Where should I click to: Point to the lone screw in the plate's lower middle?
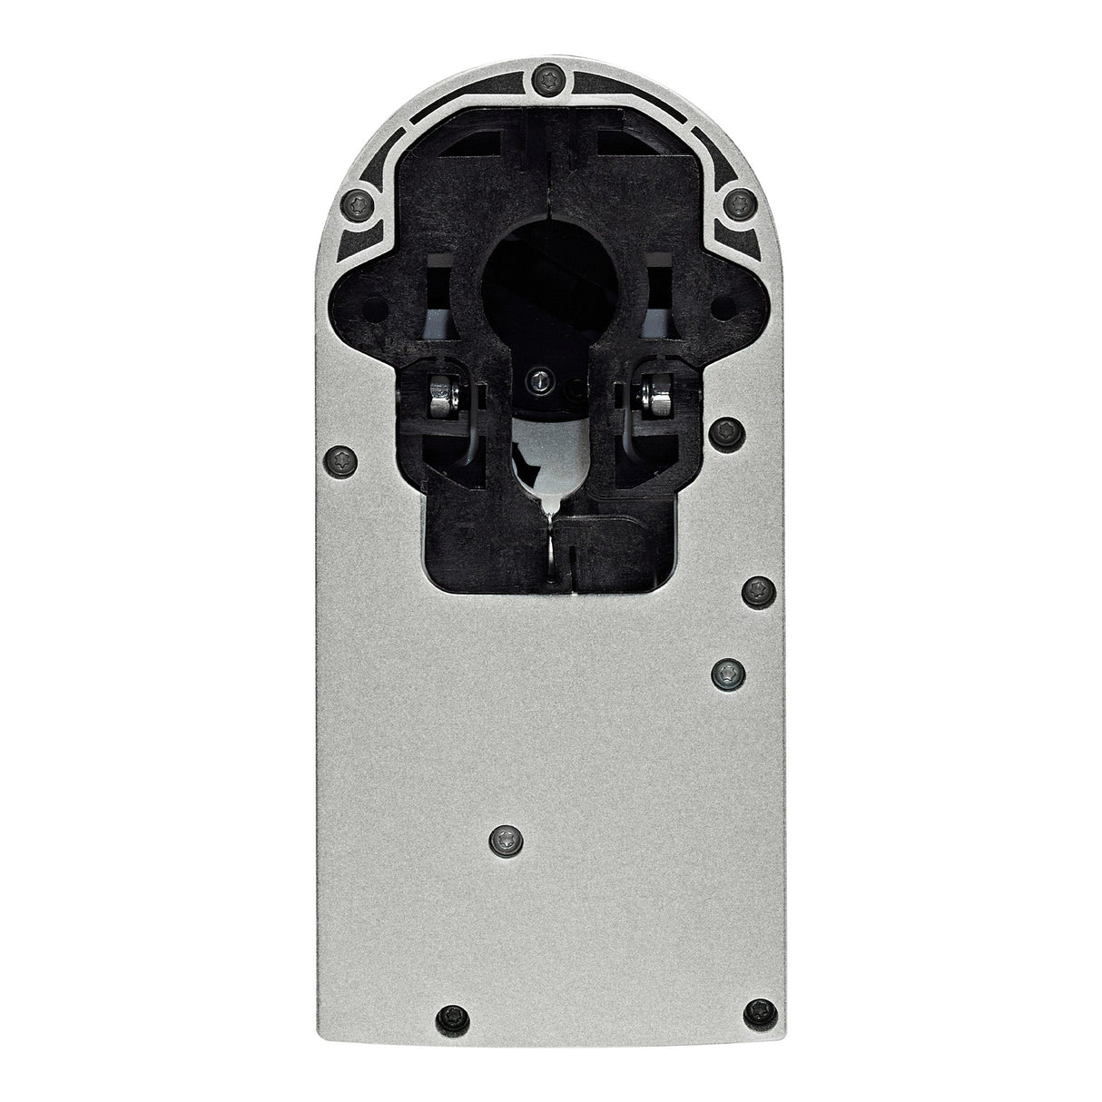click(502, 839)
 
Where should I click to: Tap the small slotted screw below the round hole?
click(542, 384)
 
